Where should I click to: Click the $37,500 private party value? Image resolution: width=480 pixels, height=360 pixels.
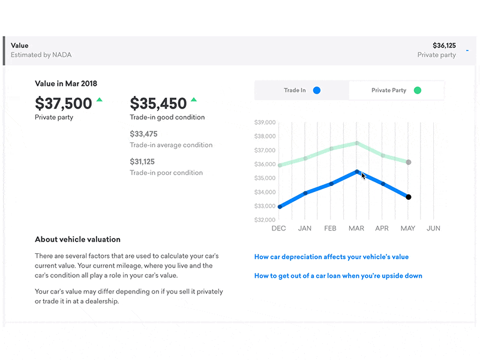tap(63, 103)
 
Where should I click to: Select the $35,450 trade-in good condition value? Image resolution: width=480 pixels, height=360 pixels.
tap(158, 103)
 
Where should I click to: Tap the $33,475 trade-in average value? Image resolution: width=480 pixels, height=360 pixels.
tap(143, 134)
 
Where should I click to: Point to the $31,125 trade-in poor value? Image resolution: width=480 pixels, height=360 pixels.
tap(142, 161)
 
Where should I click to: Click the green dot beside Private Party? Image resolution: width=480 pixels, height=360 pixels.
tap(418, 91)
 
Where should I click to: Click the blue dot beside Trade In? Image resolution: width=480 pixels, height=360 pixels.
tap(317, 91)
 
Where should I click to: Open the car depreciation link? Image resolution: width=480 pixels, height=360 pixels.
tap(331, 257)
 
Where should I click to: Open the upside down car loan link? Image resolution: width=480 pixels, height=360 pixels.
tap(338, 276)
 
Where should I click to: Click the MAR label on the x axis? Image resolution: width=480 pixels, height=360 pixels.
tap(356, 229)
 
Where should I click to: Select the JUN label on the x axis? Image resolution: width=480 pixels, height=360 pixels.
tap(433, 229)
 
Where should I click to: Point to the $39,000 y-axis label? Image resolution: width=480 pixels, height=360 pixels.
tap(265, 122)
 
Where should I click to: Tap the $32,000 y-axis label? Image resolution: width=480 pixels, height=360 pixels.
tap(265, 220)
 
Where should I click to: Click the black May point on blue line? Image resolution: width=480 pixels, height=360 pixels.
tap(409, 197)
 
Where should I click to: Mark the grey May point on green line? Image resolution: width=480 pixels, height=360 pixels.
tap(409, 162)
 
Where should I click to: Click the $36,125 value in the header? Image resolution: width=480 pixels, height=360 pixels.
tap(444, 45)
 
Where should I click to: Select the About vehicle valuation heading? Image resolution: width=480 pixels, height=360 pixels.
tap(77, 239)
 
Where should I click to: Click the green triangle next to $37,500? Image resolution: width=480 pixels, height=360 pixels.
tap(99, 100)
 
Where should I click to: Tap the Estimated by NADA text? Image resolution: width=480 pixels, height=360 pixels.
tap(41, 55)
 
